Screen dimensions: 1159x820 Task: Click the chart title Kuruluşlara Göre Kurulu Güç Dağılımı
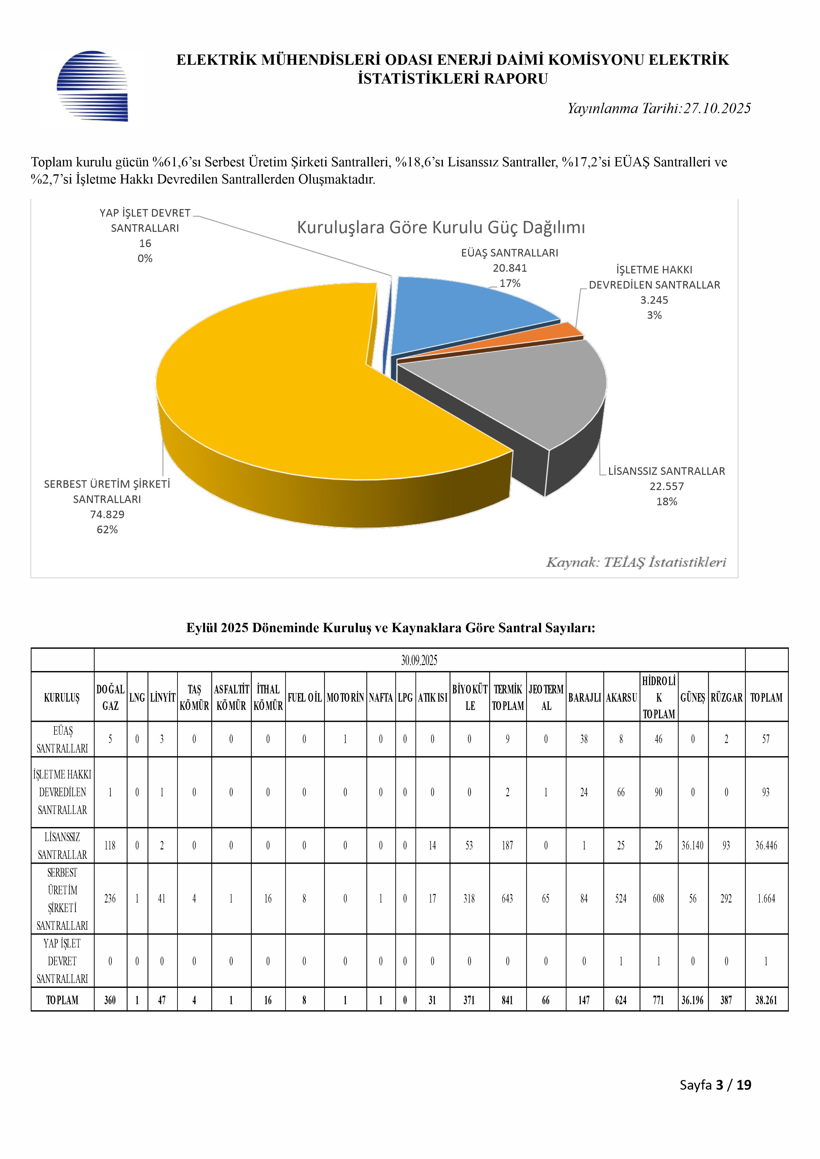point(441,228)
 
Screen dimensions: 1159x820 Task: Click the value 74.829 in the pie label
point(107,514)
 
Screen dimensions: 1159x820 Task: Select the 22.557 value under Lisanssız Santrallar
point(667,487)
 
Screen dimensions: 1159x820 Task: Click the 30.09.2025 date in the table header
point(419,660)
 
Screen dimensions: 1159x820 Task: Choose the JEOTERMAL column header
point(546,698)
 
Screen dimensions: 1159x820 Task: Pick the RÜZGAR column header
point(726,698)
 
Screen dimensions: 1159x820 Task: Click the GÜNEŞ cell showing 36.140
point(692,845)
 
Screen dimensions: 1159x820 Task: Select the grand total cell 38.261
point(766,1000)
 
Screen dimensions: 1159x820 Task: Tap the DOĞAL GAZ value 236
point(110,899)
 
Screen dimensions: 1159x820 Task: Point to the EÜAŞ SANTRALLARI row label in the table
point(62,739)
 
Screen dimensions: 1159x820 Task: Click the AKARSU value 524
point(621,899)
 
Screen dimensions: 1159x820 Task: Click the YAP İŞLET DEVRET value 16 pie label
point(145,243)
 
